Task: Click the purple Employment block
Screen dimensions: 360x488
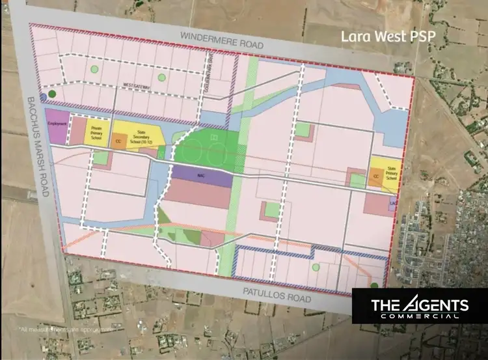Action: pyautogui.click(x=56, y=126)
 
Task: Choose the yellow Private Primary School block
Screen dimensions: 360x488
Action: pyautogui.click(x=96, y=131)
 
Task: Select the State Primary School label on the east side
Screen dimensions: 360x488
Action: pyautogui.click(x=391, y=172)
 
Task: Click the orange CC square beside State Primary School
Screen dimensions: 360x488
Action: pyautogui.click(x=375, y=176)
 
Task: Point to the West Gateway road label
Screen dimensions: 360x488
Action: pyautogui.click(x=136, y=85)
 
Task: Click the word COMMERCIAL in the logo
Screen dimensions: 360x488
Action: pyautogui.click(x=419, y=316)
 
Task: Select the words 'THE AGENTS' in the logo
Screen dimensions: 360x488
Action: pyautogui.click(x=419, y=304)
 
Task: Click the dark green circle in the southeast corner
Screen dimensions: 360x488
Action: pyautogui.click(x=375, y=285)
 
